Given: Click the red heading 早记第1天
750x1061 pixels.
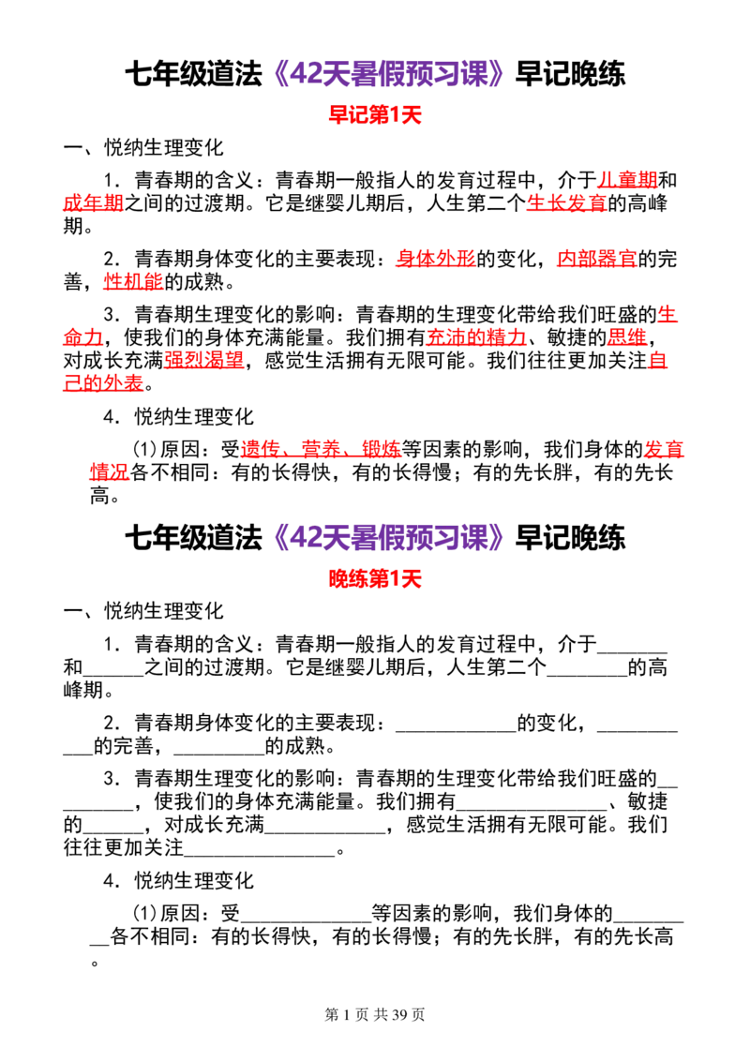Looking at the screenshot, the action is [374, 114].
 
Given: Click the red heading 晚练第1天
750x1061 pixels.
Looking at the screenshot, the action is [374, 578].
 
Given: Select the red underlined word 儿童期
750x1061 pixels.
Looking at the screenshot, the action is [627, 180].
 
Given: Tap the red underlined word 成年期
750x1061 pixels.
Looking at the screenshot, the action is [93, 203].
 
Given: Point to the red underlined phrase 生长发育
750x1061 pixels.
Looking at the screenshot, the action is [566, 203].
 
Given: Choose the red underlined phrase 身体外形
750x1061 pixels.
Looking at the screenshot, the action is [436, 259].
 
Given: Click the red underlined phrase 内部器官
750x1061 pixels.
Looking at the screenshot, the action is [596, 259].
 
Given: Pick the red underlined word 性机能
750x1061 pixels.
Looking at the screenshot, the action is [133, 281].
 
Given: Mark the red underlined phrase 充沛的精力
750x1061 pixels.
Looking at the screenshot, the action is [476, 337].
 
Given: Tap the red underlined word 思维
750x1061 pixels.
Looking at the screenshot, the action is [627, 337].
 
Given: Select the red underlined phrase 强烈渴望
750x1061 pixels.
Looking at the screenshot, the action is [203, 360].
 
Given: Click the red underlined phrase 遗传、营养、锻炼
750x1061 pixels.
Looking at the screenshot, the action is [321, 449].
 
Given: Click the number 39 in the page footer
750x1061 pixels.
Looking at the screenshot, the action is [399, 1014].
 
